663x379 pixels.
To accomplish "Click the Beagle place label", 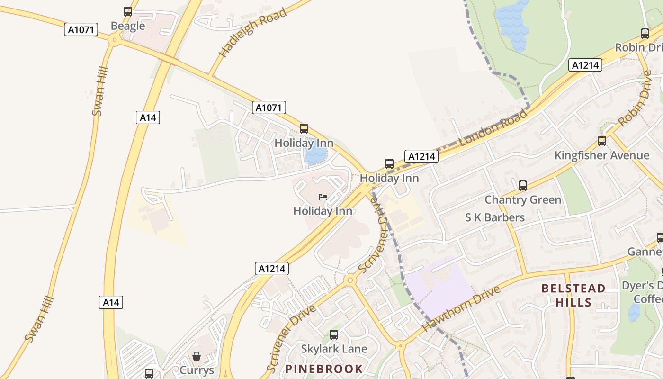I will coord(128,26).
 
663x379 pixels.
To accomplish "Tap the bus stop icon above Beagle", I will coord(128,12).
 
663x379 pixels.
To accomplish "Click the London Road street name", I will coord(493,127).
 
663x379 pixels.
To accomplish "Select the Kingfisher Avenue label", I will coord(602,155).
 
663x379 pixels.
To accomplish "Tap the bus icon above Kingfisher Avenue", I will coord(602,141).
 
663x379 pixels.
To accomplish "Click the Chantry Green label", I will coord(523,200).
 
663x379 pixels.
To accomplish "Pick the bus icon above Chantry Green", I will coord(523,186).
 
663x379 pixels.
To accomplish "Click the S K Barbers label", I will coord(495,217).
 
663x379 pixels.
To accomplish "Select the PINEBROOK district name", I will coord(324,369).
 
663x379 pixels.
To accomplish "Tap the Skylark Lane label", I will coord(334,349).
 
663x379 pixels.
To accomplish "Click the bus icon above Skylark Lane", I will coord(334,335).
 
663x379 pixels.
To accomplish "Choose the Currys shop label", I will coord(197,370).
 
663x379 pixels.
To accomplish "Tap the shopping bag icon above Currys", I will coord(197,356).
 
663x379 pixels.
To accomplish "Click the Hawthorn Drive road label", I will coord(460,308).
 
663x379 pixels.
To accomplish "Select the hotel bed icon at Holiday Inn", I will coord(323,197).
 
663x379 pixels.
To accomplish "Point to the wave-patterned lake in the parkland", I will coord(512,24).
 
